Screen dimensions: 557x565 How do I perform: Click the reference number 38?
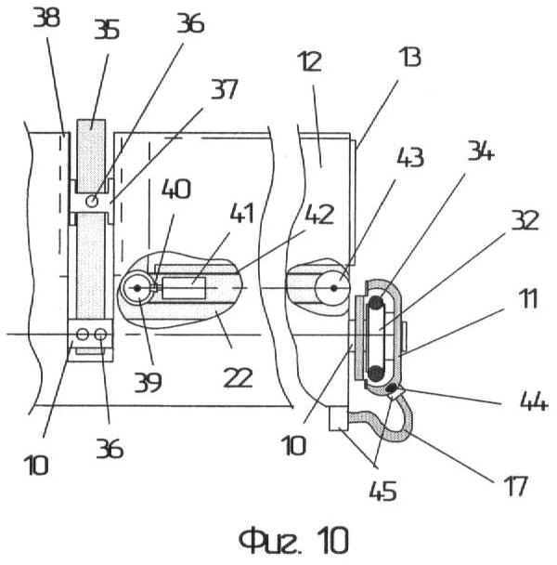click(x=46, y=19)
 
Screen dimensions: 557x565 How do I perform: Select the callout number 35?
click(x=107, y=30)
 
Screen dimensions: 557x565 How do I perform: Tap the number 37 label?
click(x=225, y=89)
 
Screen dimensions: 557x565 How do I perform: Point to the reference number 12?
click(x=309, y=61)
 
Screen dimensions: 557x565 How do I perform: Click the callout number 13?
click(x=409, y=58)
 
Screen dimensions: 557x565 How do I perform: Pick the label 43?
click(x=410, y=157)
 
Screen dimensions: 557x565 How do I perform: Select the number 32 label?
click(x=525, y=220)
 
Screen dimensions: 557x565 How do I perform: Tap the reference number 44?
click(x=535, y=401)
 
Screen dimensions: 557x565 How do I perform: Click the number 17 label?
click(x=516, y=486)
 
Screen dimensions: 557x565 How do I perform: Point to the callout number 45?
click(x=383, y=491)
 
